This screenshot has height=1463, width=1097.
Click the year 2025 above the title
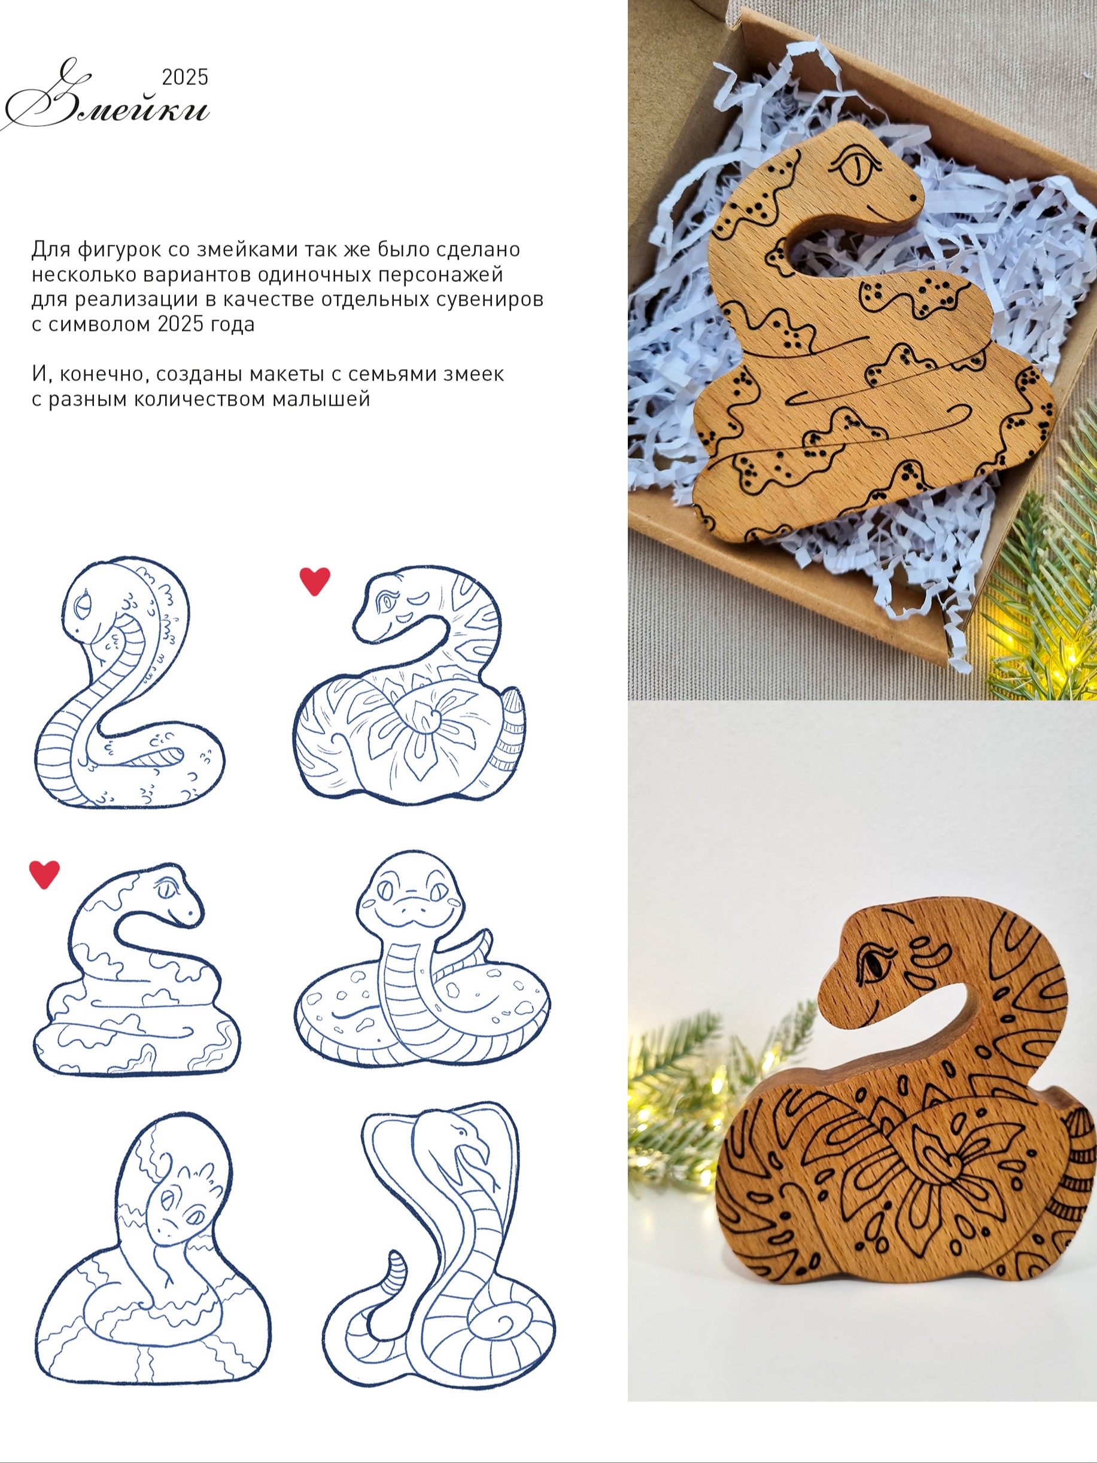click(186, 77)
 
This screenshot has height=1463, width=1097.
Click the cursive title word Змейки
click(106, 99)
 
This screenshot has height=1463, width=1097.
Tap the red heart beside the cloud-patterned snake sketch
click(44, 874)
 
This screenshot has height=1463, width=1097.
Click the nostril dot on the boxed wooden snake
click(913, 196)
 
